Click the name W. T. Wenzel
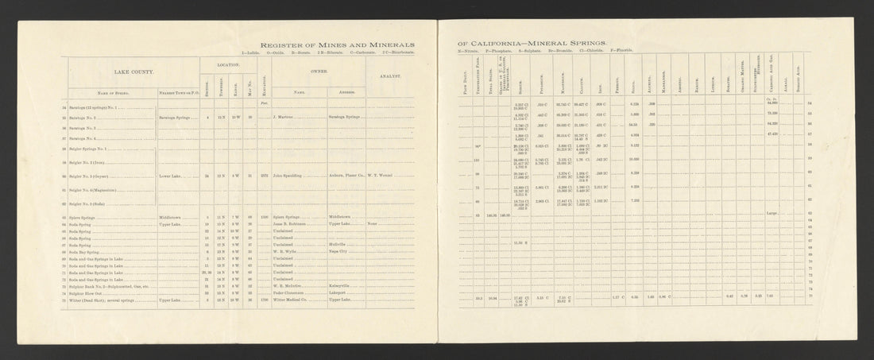point(383,174)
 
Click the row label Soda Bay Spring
point(85,252)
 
